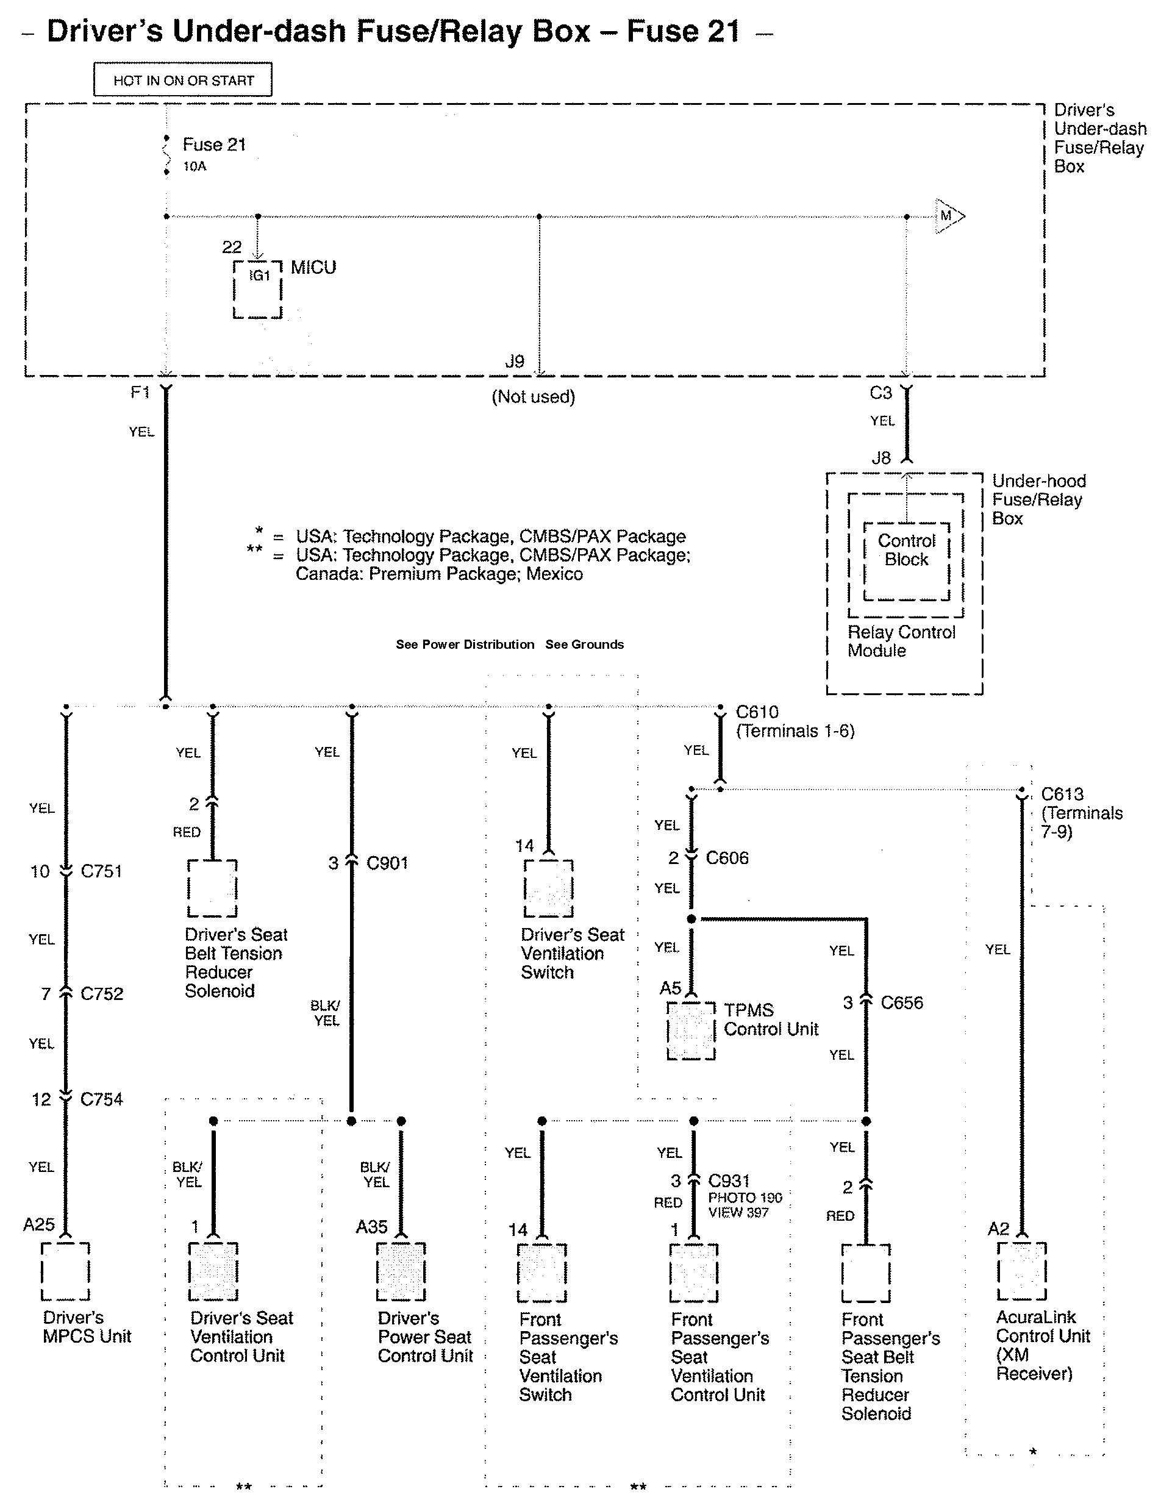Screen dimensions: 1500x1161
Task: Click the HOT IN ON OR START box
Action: [x=183, y=80]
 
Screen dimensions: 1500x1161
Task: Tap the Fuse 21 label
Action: [x=213, y=145]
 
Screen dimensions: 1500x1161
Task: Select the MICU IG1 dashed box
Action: [x=257, y=289]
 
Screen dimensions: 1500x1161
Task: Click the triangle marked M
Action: [x=949, y=216]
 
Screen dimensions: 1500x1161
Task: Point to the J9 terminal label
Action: [x=515, y=361]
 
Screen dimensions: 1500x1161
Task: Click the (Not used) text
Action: [x=533, y=396]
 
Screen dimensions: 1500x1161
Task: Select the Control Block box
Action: [x=906, y=560]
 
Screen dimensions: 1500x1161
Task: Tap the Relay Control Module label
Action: [x=901, y=641]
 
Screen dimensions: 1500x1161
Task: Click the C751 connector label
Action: [x=101, y=871]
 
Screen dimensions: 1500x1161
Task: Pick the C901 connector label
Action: [x=387, y=863]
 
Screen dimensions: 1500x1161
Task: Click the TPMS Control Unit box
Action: [x=691, y=1030]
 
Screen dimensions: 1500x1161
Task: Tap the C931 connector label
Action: [x=729, y=1180]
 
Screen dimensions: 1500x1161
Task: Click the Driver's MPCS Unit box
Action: [x=65, y=1271]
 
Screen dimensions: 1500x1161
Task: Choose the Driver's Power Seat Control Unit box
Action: [x=401, y=1272]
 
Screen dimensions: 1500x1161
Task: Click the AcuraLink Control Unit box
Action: [x=1021, y=1271]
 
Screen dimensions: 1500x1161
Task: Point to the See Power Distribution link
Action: [x=465, y=645]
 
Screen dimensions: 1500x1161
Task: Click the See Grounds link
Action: [x=585, y=645]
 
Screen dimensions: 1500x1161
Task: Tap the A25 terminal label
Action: [x=38, y=1224]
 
